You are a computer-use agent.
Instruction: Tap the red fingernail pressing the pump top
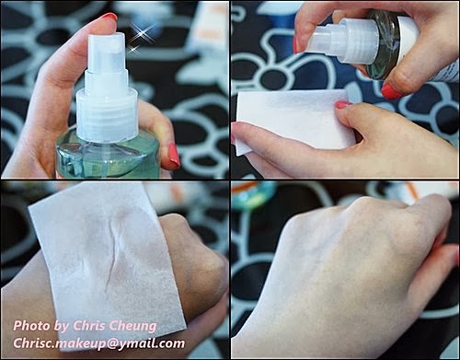coord(109,17)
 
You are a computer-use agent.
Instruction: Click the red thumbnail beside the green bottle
coord(174,157)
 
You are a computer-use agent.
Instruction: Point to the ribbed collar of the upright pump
coord(107,116)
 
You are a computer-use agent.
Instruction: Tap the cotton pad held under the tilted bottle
coord(294,121)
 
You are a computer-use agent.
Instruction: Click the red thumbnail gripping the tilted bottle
coord(392,92)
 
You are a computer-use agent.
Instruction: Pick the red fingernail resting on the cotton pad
coord(343,105)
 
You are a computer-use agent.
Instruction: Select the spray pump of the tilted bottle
coord(342,39)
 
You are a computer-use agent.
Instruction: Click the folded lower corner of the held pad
coord(241,147)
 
